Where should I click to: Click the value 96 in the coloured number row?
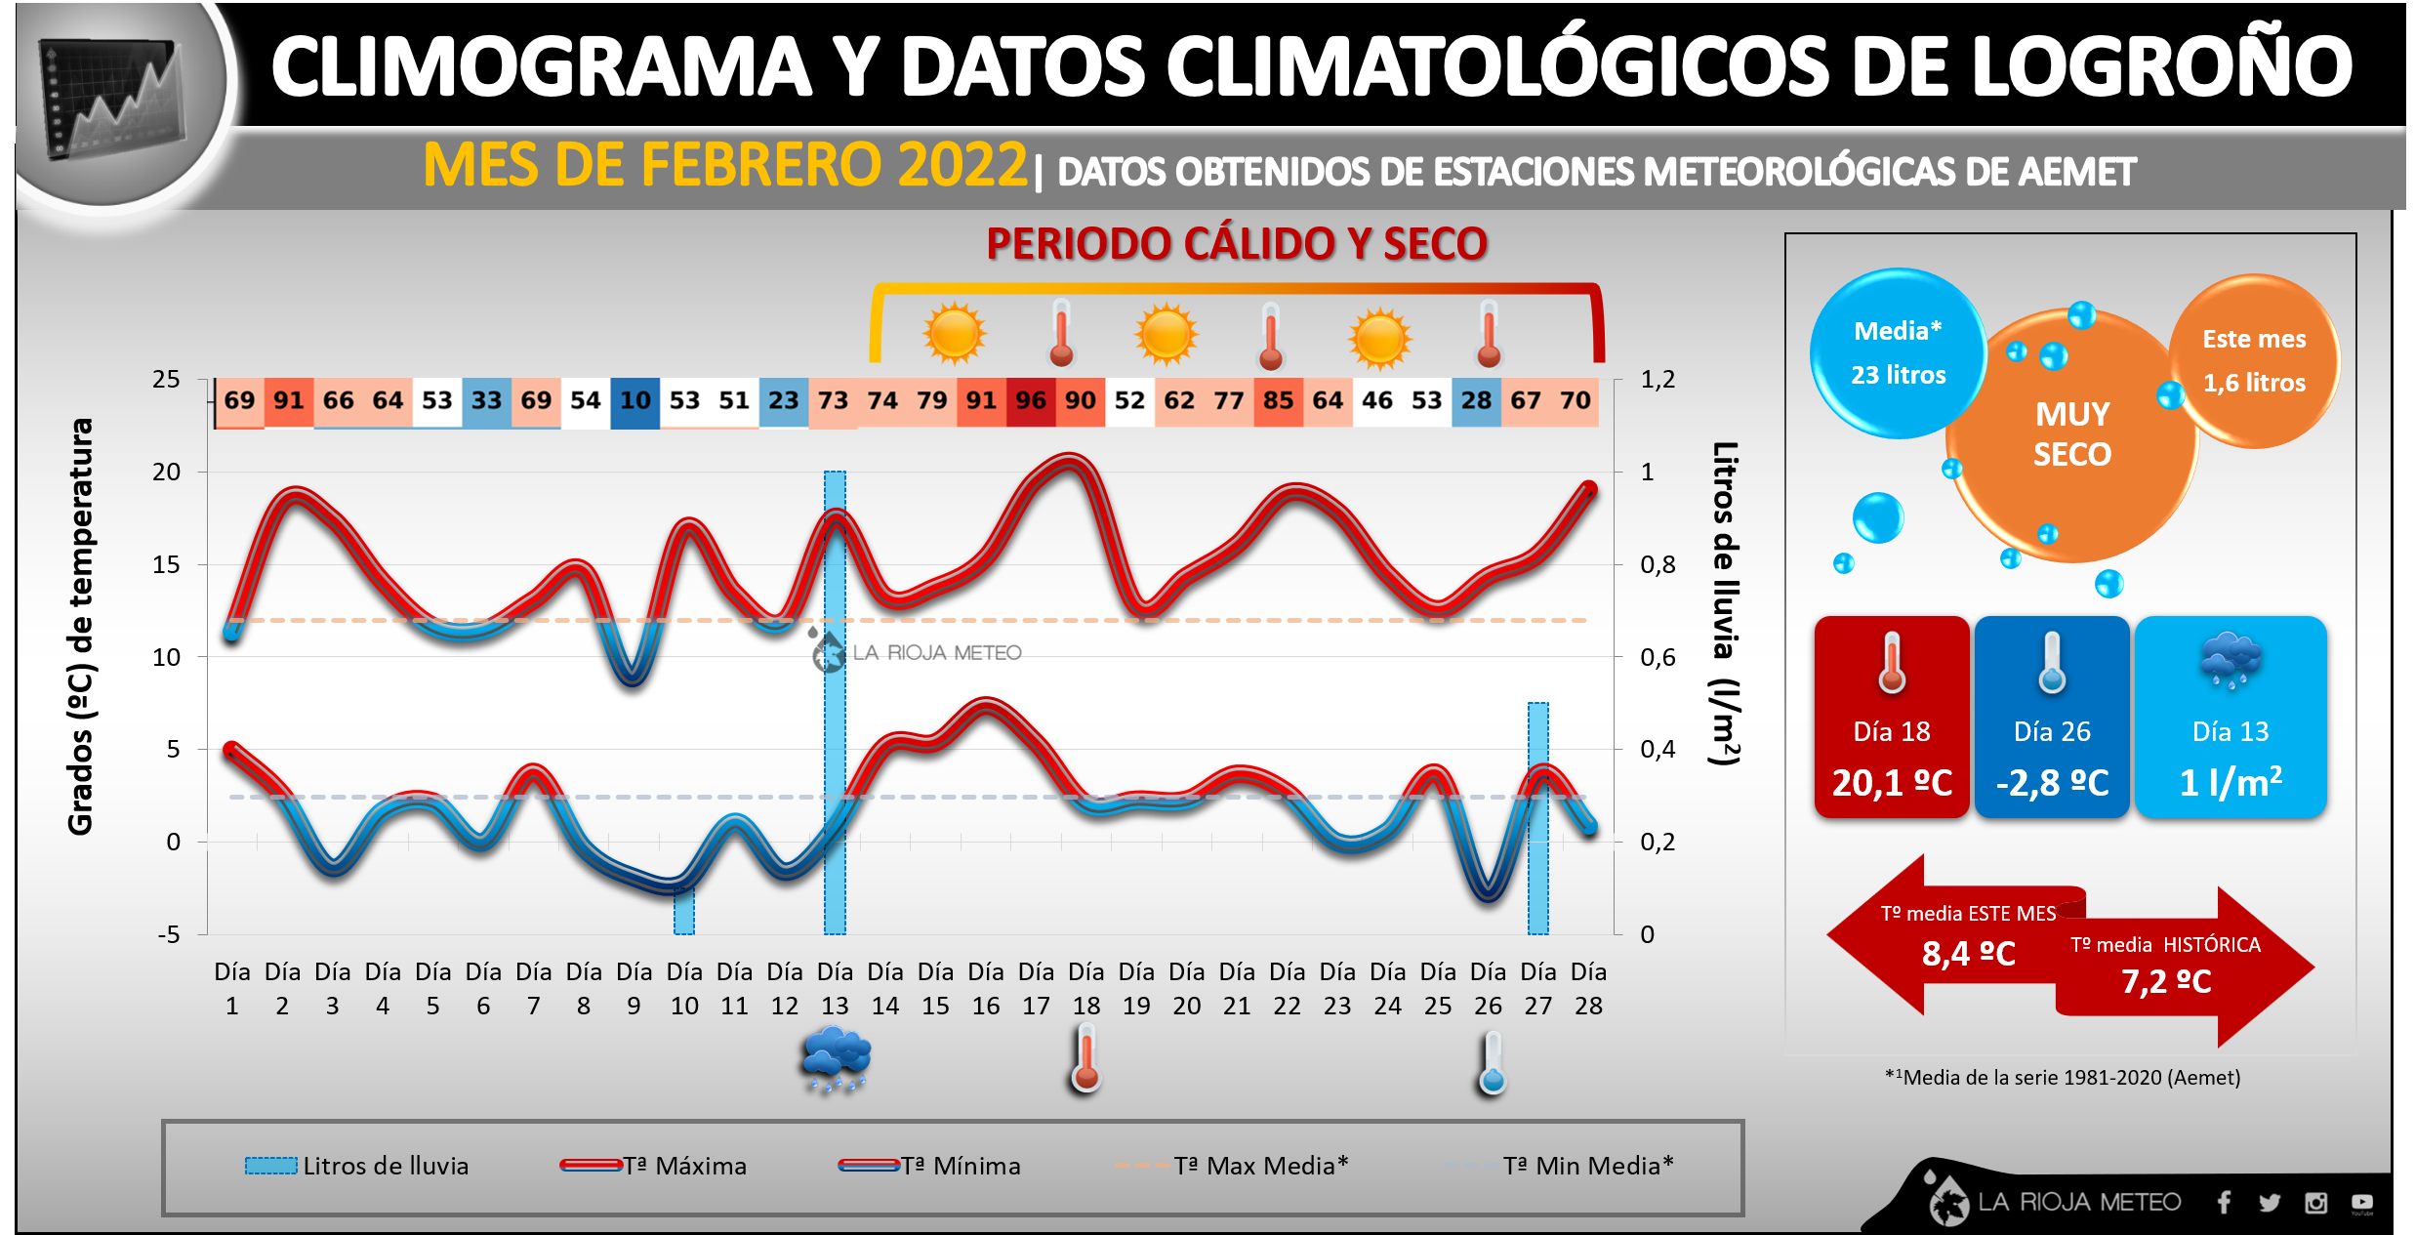[x=1031, y=401]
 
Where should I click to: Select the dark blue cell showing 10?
[x=634, y=401]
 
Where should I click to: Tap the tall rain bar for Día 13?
[x=835, y=703]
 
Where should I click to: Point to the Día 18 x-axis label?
[x=1085, y=988]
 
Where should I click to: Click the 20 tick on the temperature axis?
[x=167, y=473]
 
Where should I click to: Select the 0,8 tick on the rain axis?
[x=1658, y=565]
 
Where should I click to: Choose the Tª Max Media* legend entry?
[x=1233, y=1166]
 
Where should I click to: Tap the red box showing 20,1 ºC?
[x=1892, y=717]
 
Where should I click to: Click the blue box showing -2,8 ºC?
[x=2052, y=717]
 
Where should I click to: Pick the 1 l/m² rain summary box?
[x=2231, y=717]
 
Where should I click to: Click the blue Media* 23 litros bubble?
[x=1898, y=353]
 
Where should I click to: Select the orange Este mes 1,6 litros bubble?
[x=2254, y=361]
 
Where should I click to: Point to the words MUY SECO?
[x=2072, y=434]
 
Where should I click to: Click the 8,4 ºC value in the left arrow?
[x=1968, y=954]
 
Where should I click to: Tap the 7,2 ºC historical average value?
[x=2166, y=982]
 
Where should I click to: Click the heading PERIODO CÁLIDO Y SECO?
[x=1237, y=244]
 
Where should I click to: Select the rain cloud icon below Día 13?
[x=836, y=1058]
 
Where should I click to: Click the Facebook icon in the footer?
[x=2224, y=1203]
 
